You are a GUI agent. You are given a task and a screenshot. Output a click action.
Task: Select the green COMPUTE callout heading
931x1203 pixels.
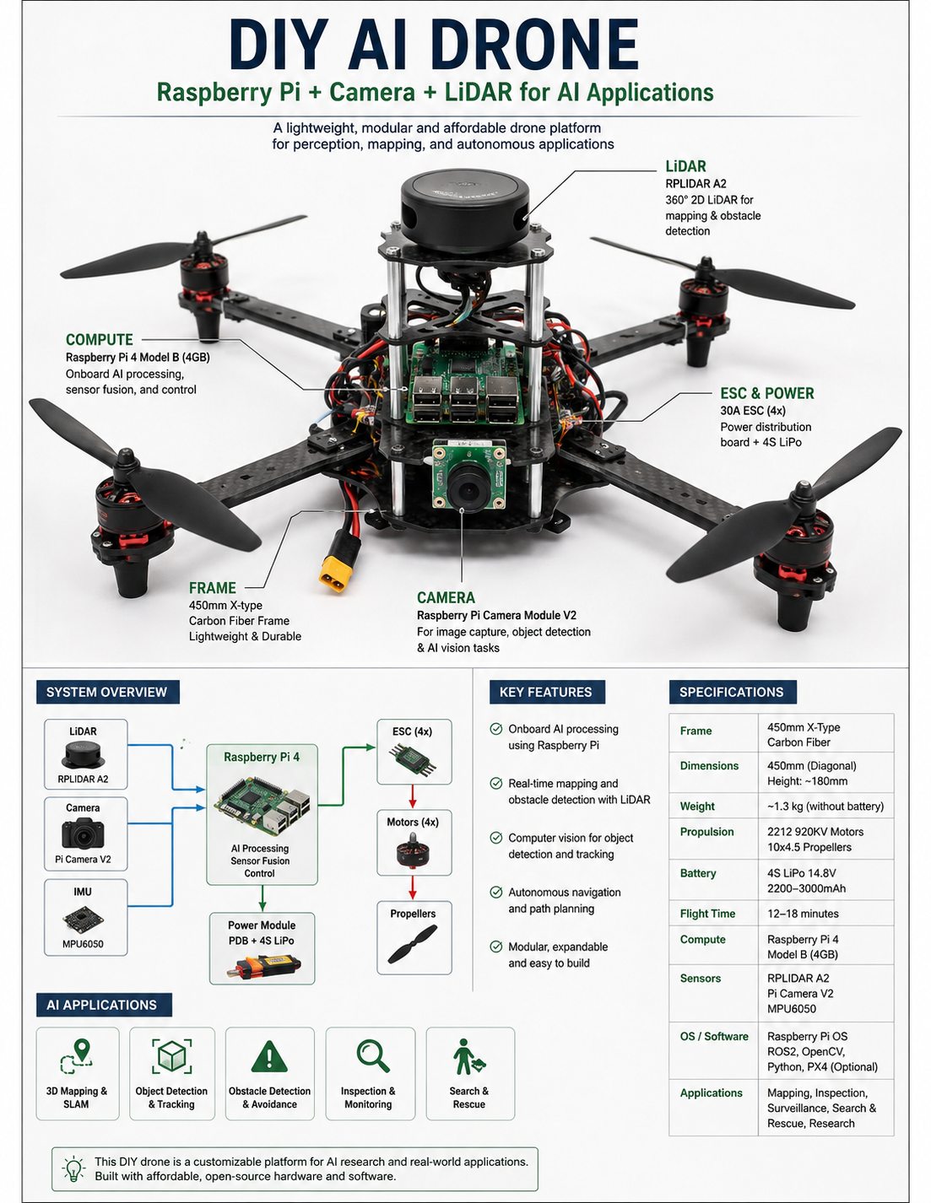[99, 339]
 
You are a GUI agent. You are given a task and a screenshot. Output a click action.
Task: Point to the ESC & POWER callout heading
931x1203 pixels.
[766, 393]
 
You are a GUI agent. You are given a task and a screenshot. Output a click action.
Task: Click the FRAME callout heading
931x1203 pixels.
[212, 587]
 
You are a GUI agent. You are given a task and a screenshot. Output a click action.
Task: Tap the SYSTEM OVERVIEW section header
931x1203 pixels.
[107, 692]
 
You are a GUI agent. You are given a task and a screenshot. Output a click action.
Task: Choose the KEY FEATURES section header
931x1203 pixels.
[546, 692]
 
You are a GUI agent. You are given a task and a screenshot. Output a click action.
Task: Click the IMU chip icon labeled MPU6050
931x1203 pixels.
[83, 920]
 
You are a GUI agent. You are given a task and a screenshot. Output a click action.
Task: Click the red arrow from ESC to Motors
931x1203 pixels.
[412, 796]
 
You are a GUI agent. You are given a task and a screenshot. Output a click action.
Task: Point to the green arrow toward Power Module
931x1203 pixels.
[262, 898]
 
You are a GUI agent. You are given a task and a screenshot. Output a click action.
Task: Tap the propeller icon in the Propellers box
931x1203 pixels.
[412, 945]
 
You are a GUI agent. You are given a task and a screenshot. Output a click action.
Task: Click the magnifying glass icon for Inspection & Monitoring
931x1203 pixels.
[373, 1056]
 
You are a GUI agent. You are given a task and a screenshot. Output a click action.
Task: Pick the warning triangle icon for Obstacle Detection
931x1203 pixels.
[269, 1056]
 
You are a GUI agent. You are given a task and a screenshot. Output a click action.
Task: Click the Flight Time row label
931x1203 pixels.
[707, 914]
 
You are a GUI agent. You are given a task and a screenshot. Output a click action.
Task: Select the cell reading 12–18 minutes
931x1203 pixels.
[803, 914]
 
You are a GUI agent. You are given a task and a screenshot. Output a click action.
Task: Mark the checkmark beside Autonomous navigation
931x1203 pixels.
[496, 892]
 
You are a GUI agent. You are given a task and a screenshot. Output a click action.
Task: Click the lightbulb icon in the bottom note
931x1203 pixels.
[73, 1168]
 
